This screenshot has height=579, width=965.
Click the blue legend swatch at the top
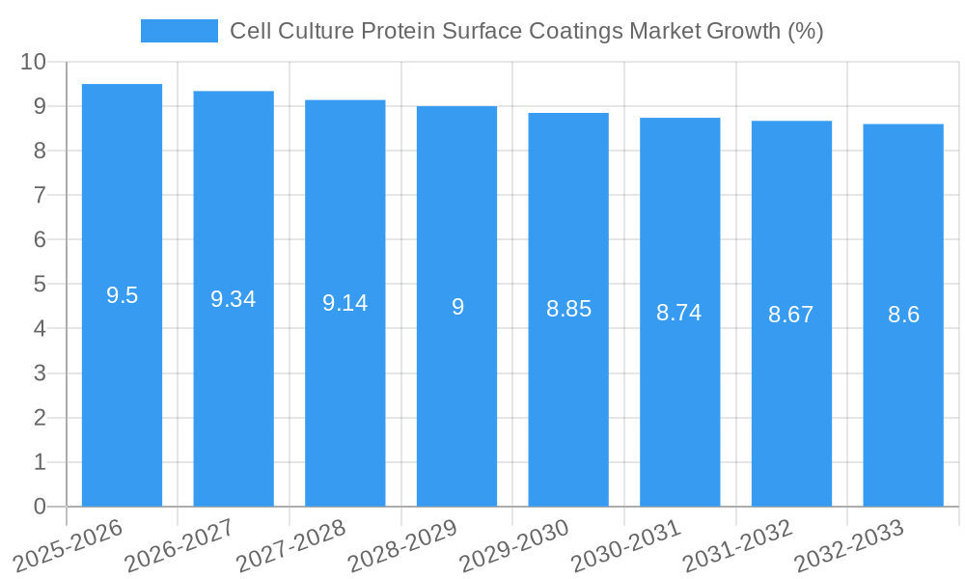coord(179,31)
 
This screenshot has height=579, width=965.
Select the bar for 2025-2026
coord(122,386)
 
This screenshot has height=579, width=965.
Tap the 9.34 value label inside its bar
coord(234,299)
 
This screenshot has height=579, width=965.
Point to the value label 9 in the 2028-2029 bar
coord(457,307)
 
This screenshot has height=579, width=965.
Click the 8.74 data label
coord(679,313)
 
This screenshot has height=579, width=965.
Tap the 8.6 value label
coord(903,315)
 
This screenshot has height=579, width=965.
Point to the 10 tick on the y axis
coord(33,62)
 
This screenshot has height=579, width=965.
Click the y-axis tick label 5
coord(40,285)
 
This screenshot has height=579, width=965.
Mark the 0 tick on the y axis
coord(40,507)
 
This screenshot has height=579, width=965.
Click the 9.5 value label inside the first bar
coord(123,295)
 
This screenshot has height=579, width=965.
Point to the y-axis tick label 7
coord(40,195)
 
